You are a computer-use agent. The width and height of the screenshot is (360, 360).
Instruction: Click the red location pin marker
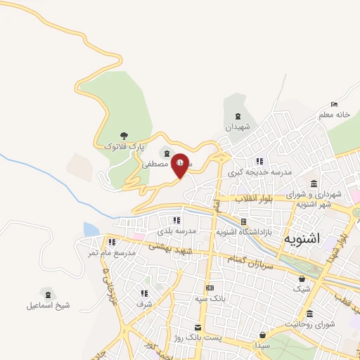(181, 165)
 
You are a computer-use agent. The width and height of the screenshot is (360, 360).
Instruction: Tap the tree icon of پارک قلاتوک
(124, 136)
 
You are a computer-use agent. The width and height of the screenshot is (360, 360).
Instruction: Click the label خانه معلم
(334, 114)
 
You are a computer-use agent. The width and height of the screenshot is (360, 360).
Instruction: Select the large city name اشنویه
(302, 238)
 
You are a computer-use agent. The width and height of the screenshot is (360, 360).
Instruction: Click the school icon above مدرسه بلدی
(175, 221)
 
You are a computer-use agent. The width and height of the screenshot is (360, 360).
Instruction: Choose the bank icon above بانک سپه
(210, 288)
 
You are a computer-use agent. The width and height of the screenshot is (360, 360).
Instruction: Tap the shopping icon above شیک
(302, 278)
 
